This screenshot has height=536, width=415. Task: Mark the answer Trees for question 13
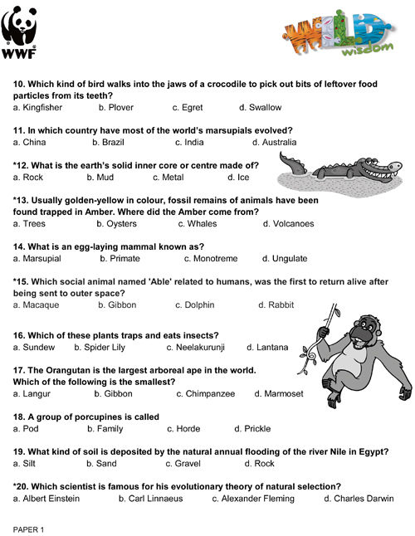click(x=32, y=224)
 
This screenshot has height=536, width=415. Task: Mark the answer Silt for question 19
click(x=27, y=463)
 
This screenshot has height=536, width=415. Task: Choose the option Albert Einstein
click(x=51, y=499)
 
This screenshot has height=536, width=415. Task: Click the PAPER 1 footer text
click(x=28, y=528)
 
